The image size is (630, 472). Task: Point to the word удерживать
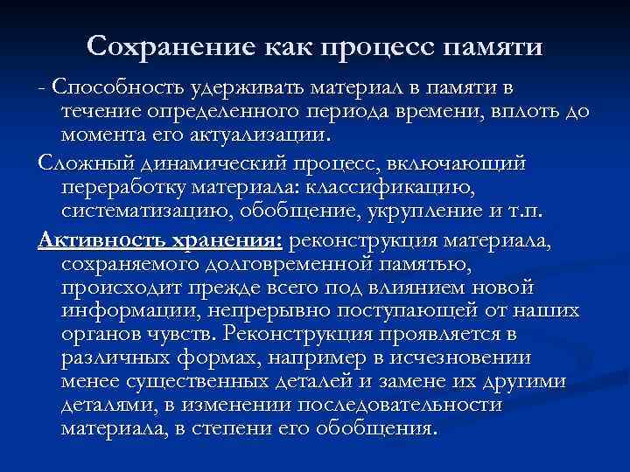[228, 88]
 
